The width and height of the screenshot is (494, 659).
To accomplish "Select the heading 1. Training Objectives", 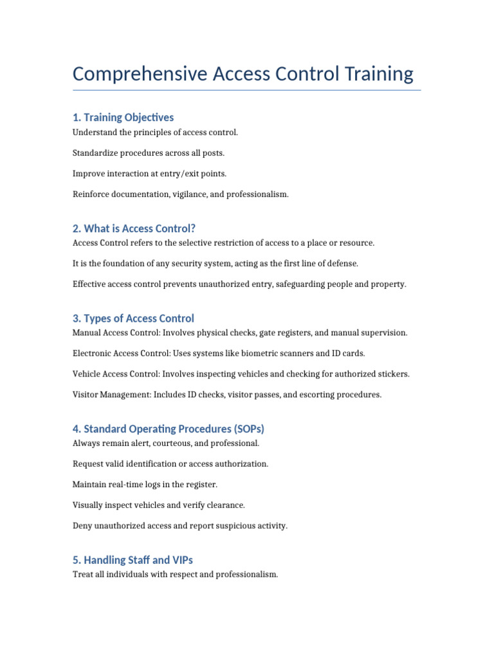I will [x=123, y=117].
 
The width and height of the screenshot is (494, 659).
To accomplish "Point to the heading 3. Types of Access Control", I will [x=133, y=319].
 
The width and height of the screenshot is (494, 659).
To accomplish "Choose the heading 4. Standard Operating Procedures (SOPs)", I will [x=169, y=429].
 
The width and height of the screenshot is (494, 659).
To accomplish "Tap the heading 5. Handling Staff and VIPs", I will [x=133, y=560].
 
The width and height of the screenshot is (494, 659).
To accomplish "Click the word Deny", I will [x=82, y=526].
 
